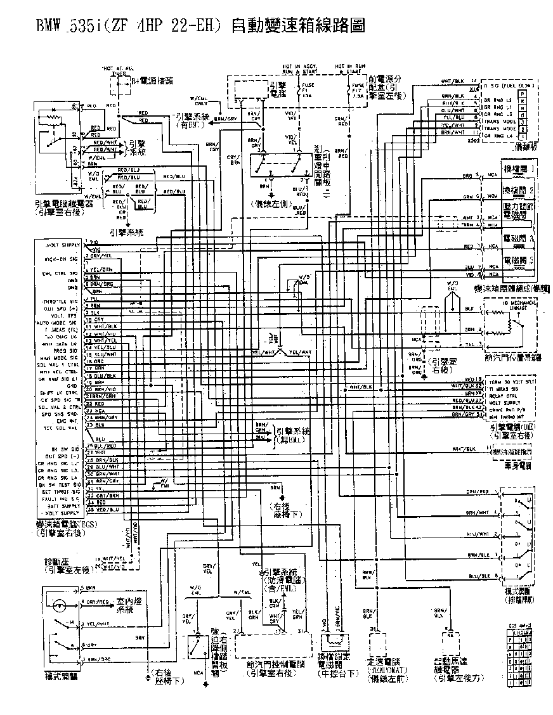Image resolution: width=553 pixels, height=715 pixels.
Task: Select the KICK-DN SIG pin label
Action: (x=61, y=260)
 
